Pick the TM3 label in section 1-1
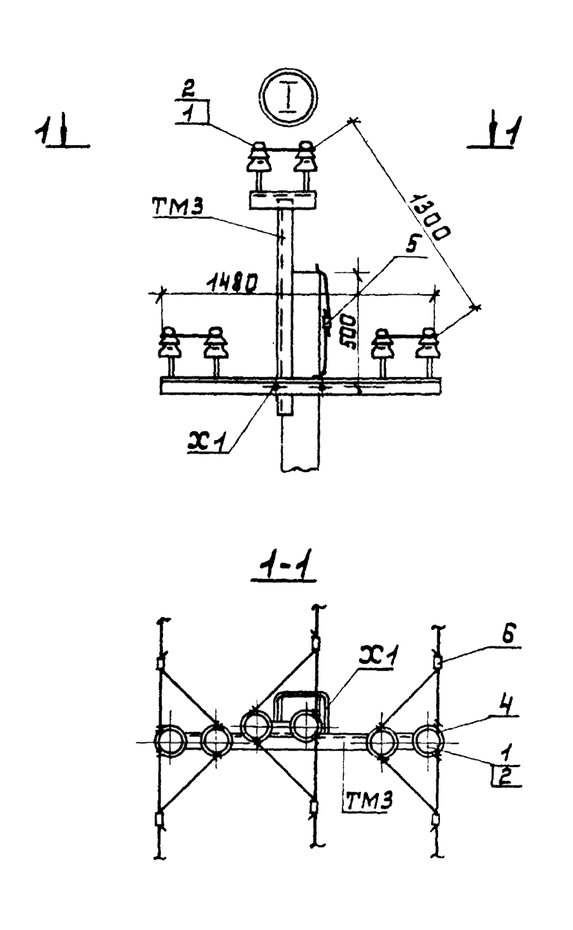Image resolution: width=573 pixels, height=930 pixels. (367, 801)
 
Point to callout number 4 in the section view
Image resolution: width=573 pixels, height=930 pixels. (511, 706)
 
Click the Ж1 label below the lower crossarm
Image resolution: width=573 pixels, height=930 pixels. (207, 440)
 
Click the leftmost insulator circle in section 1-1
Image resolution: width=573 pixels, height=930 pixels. (170, 741)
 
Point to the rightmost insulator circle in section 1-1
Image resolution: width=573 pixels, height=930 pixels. (429, 741)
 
